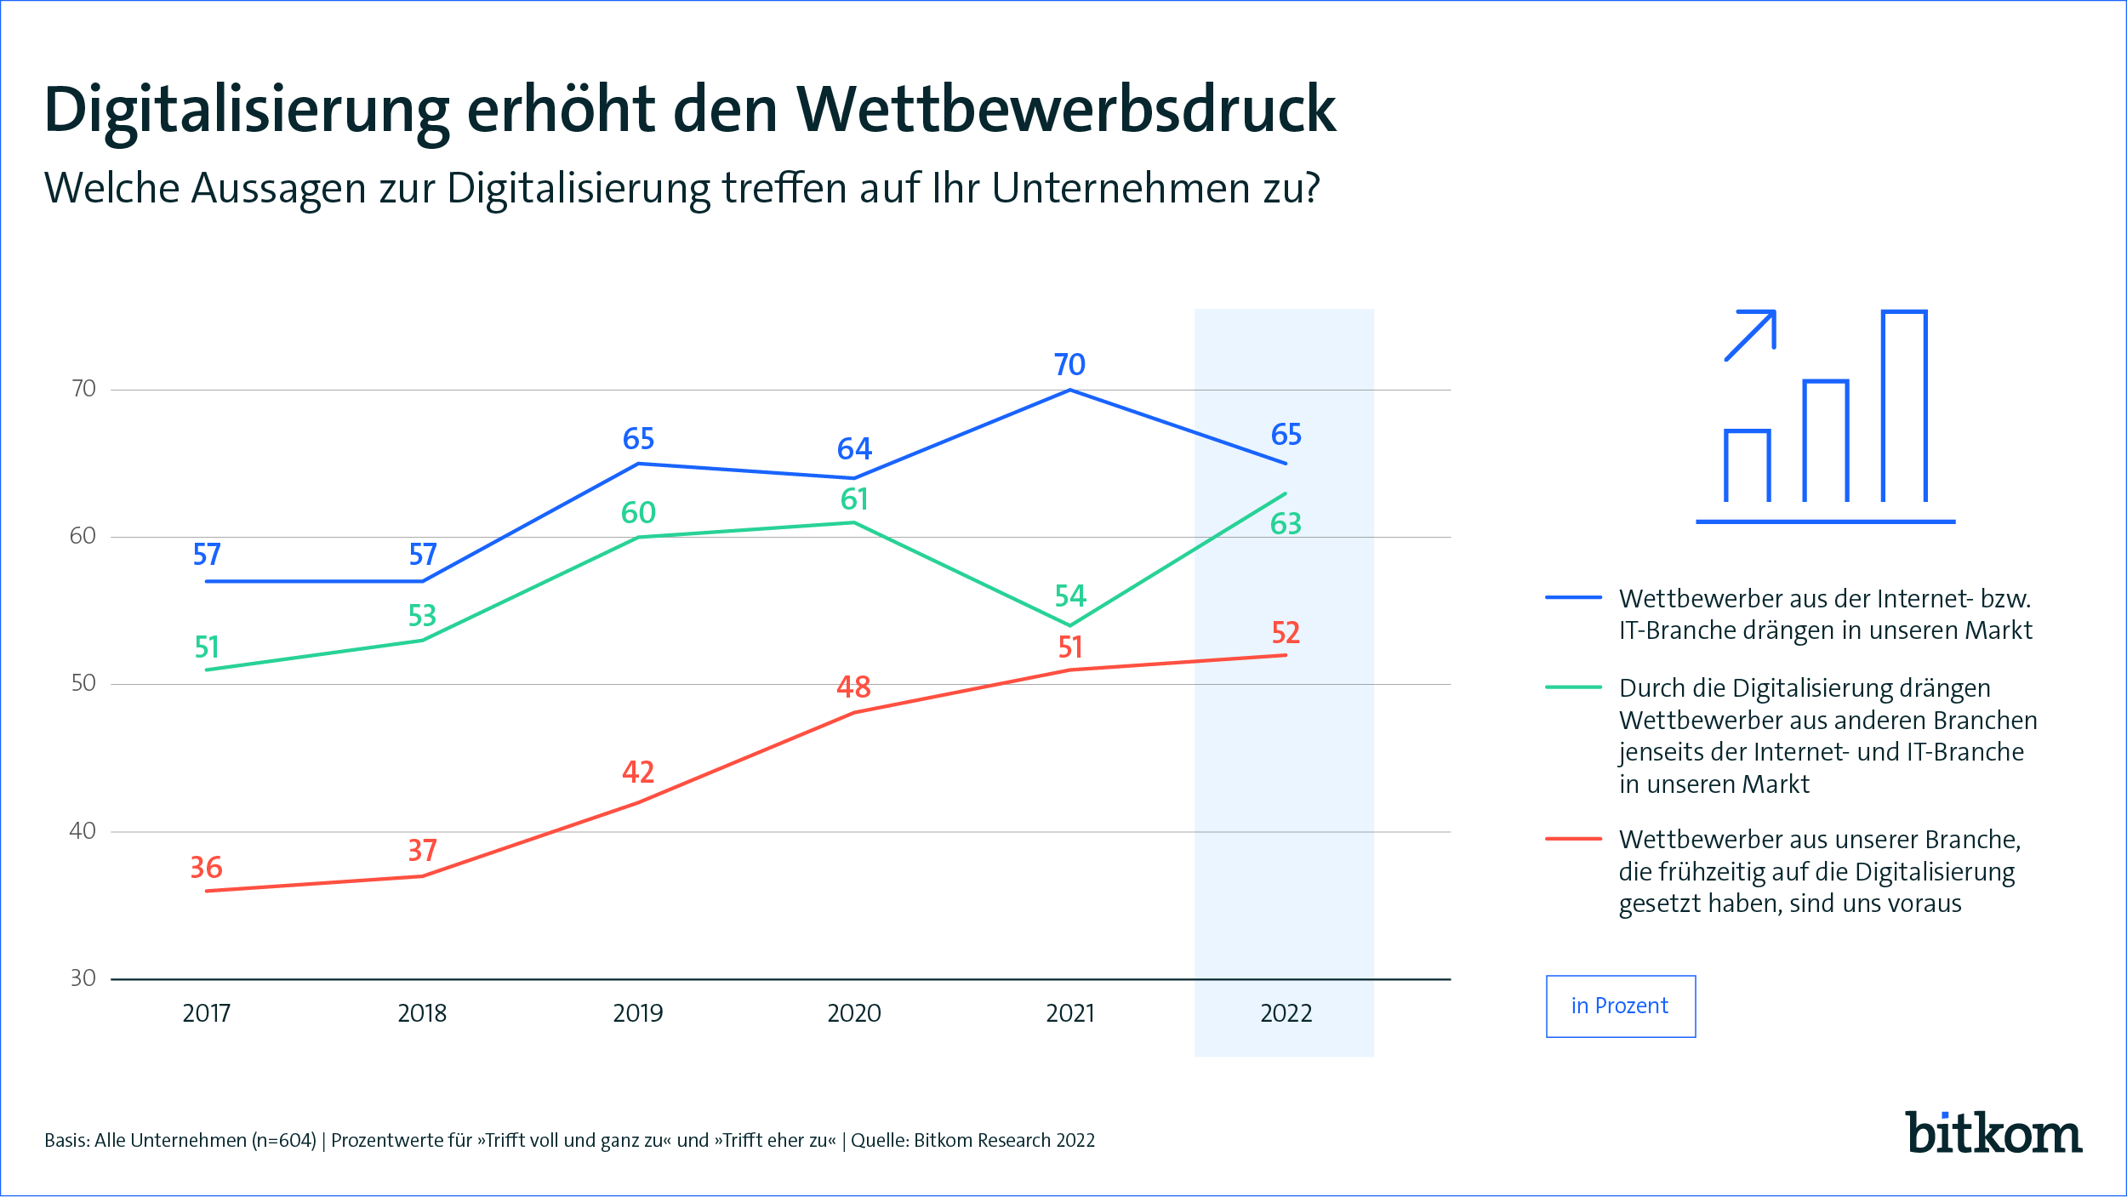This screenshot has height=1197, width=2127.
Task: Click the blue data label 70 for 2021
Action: (1069, 365)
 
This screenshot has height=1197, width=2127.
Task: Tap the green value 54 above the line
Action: (1070, 596)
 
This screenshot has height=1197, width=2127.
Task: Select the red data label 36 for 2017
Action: (206, 868)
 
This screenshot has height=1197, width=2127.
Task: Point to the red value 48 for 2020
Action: (853, 687)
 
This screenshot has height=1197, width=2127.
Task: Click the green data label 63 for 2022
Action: (1286, 524)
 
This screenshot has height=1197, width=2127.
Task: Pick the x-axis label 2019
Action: (637, 1013)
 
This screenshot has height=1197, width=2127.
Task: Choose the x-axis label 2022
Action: (1286, 1013)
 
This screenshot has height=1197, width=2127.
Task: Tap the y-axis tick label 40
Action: (83, 830)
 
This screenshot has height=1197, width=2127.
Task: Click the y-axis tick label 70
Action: (83, 389)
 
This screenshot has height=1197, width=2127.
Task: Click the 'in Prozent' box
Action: (1620, 1006)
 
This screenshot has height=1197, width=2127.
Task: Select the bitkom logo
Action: (1993, 1133)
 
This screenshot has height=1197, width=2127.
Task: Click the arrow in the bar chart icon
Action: (1751, 335)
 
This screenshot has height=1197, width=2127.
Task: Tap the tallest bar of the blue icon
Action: (1904, 406)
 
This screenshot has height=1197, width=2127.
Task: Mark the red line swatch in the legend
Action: (1573, 839)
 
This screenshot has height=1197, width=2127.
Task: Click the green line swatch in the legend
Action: (1573, 687)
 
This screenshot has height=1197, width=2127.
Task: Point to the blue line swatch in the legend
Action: (1573, 598)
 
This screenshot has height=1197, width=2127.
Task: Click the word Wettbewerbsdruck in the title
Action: (1066, 111)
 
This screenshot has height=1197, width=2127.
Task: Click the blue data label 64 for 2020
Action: (854, 449)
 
